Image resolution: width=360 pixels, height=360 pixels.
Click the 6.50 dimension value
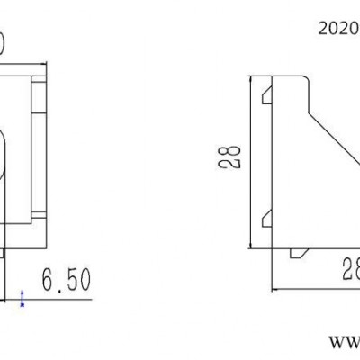point(65,282)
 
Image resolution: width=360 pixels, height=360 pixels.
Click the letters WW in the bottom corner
point(342,343)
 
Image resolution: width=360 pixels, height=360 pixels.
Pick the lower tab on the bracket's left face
point(267,218)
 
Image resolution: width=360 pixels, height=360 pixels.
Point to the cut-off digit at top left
point(4,40)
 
